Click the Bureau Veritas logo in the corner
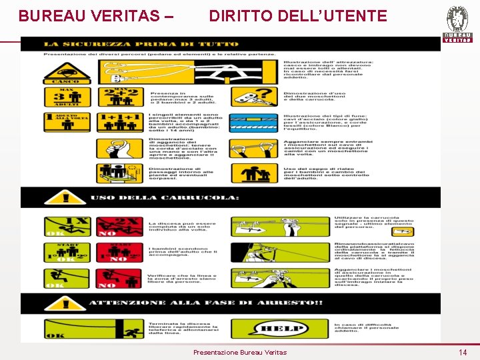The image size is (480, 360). coord(457,24)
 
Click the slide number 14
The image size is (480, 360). coord(463,352)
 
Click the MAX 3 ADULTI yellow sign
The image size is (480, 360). coord(67,97)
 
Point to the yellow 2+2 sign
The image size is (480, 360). coord(120,97)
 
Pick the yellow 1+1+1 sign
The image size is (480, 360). coord(120,124)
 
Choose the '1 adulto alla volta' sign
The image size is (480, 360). coord(67,124)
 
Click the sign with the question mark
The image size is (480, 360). coord(254,97)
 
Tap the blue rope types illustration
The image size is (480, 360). coord(254,123)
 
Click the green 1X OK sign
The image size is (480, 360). coord(66,227)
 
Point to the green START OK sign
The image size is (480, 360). coord(66,253)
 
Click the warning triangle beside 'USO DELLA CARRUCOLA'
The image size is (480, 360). coord(65,197)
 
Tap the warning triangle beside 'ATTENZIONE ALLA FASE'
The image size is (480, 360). coord(65,303)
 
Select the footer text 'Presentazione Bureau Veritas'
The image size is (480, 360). coord(239,352)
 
